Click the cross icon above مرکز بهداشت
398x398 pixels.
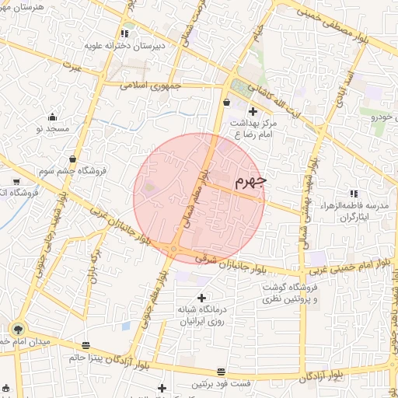click(252, 111)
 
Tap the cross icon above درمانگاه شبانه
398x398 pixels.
click(202, 297)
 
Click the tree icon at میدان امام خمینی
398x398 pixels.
click(19, 329)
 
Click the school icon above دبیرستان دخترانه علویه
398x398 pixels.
click(124, 34)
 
